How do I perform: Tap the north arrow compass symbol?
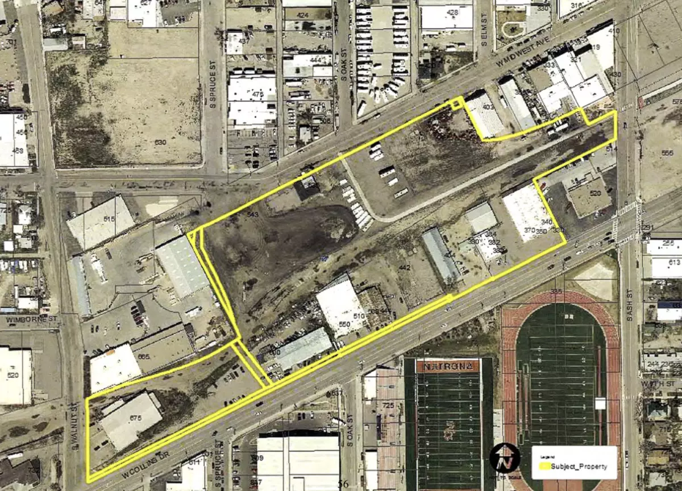click(504, 459)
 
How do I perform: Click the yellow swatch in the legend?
click(545, 467)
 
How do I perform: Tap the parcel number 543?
click(253, 214)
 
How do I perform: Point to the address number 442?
click(404, 267)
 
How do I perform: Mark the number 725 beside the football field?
click(388, 405)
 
